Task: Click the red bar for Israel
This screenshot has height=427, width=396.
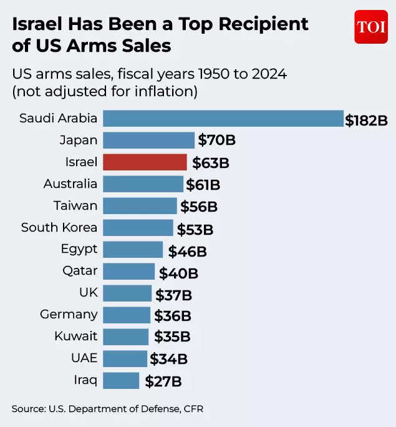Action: (x=145, y=162)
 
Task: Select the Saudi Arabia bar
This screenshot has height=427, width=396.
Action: (x=223, y=119)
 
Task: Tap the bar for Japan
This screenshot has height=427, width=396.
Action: (x=148, y=140)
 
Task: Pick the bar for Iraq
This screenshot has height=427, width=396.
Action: (x=121, y=381)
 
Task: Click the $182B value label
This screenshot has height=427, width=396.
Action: (x=367, y=120)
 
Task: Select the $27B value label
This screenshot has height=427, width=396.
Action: (x=163, y=381)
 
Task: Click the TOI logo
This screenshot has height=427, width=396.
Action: (x=371, y=27)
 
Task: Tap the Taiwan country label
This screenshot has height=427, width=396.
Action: (x=75, y=205)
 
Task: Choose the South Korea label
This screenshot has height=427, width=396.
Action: (x=59, y=227)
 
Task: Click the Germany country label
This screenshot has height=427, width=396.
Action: (x=69, y=314)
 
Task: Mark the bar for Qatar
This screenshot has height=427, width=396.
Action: (x=128, y=272)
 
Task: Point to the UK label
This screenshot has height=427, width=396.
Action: (x=89, y=292)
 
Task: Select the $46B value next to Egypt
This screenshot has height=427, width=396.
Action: (x=187, y=252)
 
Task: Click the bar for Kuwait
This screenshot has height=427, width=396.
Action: (x=125, y=337)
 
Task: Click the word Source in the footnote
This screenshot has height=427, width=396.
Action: (x=28, y=409)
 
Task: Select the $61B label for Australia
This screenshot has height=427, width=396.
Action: (x=203, y=185)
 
